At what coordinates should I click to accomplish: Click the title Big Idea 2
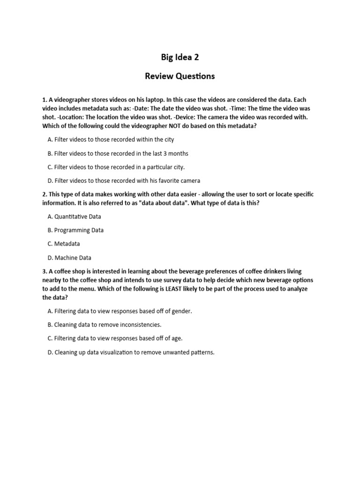[180, 57]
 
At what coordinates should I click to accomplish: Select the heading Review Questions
[180, 76]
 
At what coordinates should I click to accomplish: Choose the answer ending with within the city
[111, 140]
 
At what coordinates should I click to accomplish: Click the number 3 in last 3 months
[162, 153]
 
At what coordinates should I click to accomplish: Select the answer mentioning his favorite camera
[124, 180]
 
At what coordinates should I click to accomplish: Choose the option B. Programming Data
[75, 230]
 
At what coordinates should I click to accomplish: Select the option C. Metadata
[64, 244]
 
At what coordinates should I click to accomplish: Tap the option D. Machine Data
[69, 257]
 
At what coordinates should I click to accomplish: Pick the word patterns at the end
[201, 352]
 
